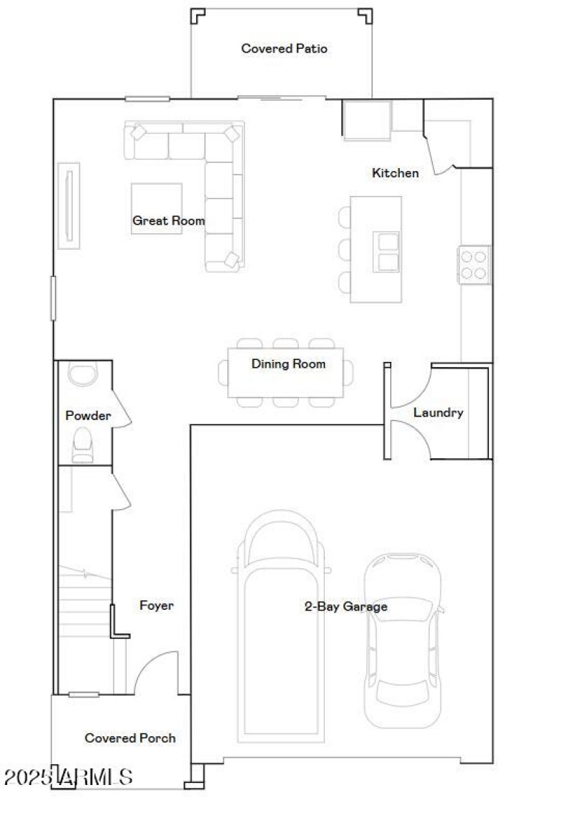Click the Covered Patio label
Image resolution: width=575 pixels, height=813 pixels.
284,49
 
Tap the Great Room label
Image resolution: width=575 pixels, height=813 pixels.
168,221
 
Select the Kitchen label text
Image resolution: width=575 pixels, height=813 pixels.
395,173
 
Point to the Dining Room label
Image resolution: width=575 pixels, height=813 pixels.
288,364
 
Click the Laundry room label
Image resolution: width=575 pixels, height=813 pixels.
438,413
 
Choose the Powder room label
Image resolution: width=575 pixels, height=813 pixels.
88,416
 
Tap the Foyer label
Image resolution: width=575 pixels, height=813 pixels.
156,606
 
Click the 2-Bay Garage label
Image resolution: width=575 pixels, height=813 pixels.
346,607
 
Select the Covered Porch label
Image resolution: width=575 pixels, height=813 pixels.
130,738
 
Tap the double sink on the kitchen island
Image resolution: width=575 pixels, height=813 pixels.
387,252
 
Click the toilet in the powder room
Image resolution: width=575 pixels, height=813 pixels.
83,443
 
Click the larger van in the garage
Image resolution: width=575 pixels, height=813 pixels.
281,625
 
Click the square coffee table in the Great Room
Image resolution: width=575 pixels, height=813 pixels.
156,208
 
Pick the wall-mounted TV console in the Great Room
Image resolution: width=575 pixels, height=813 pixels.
68,205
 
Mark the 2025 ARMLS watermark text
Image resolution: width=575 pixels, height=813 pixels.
68,777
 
